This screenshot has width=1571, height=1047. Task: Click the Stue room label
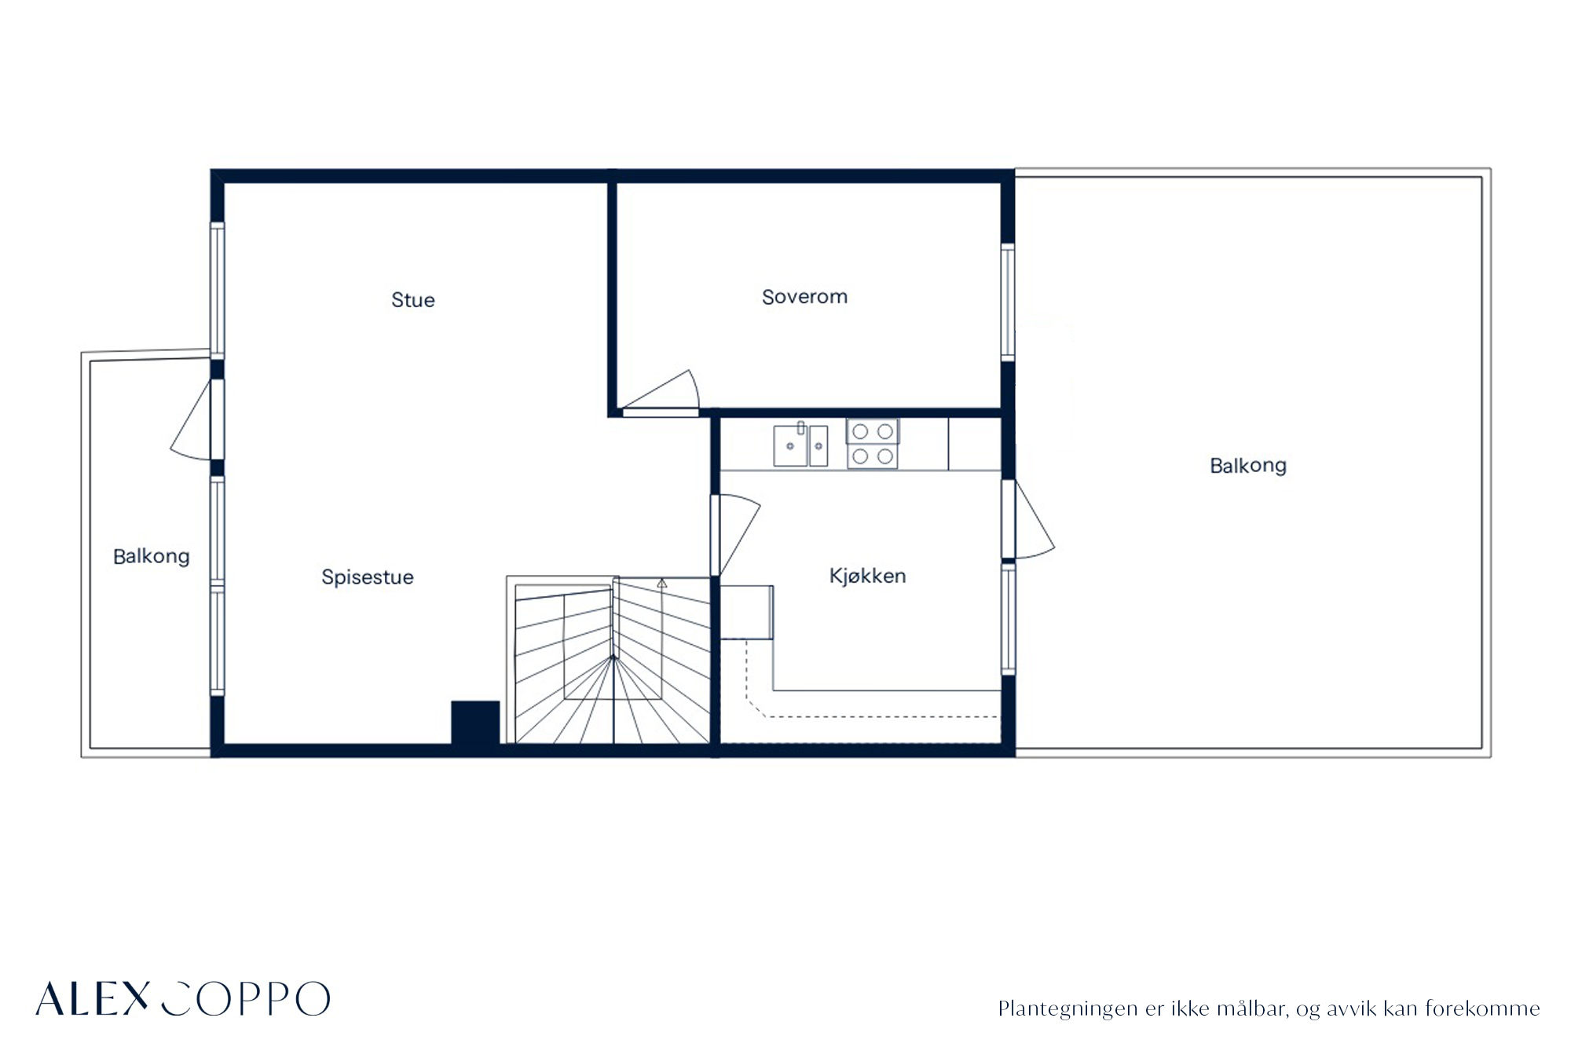coord(413,299)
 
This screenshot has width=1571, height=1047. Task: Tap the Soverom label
coord(804,297)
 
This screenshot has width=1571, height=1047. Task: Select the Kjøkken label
coord(868,576)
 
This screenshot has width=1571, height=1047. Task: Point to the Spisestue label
coord(368,577)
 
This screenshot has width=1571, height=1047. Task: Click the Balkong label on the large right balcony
coord(1248,466)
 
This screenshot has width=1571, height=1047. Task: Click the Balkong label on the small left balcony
coord(152,557)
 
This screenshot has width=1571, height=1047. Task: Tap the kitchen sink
coord(800,445)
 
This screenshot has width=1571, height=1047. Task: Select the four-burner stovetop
coord(872,444)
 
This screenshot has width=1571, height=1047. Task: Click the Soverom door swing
coord(661,391)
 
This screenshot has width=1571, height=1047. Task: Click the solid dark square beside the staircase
coord(475,722)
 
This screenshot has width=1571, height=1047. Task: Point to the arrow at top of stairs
coord(662,584)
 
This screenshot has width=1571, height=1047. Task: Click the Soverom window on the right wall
coord(1008,302)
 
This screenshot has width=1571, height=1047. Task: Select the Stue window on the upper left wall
coord(218,291)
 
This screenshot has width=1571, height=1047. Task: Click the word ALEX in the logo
coord(92,998)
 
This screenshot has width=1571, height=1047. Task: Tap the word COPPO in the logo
coord(246,998)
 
